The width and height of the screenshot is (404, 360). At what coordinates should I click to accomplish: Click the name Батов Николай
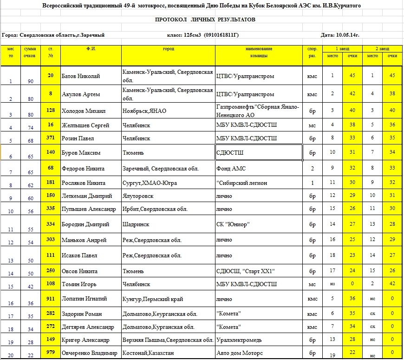click(81, 76)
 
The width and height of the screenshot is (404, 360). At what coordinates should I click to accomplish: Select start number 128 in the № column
click(51, 111)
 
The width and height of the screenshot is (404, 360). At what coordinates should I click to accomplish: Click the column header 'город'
click(168, 48)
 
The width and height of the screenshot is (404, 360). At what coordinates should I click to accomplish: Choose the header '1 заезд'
click(343, 48)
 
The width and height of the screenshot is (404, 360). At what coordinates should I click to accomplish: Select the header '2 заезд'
click(383, 48)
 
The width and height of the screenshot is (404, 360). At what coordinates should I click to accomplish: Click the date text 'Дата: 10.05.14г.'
click(340, 35)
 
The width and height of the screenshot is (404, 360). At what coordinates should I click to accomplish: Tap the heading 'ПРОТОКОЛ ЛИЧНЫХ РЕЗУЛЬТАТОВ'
click(205, 20)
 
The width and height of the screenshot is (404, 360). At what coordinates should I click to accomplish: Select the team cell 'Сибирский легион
click(242, 183)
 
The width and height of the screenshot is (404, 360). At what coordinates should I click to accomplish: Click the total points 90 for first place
click(31, 81)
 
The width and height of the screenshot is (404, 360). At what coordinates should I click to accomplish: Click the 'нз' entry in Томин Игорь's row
click(332, 283)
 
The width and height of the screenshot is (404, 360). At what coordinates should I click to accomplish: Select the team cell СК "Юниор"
click(233, 224)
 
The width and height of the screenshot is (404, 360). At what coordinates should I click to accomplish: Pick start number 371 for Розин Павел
click(51, 138)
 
